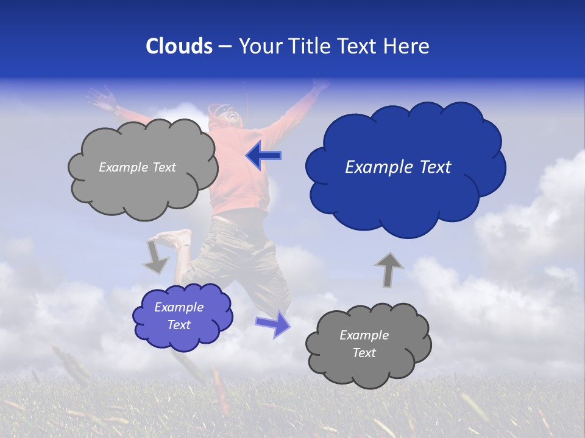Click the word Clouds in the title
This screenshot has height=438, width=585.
(179, 46)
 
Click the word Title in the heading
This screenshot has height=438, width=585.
(310, 46)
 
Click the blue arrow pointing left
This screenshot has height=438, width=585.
(263, 156)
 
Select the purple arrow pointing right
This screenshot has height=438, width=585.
(274, 324)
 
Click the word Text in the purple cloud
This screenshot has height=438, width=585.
(179, 325)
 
